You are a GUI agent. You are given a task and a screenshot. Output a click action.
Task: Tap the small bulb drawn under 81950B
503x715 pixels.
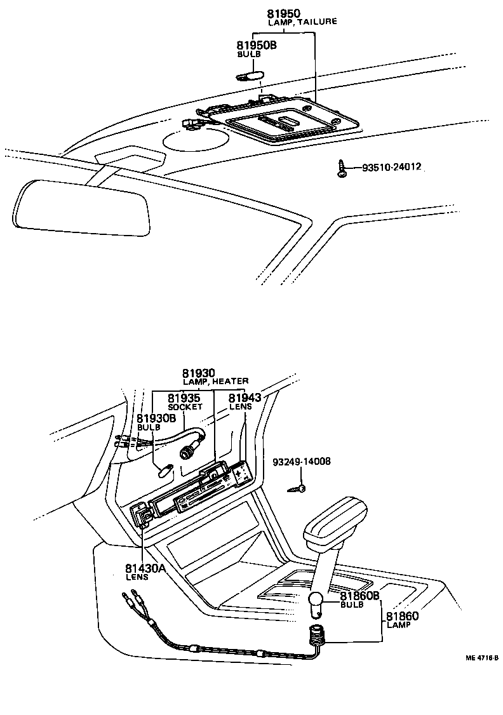tap(249, 77)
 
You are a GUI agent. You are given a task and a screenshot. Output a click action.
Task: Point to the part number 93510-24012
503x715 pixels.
tap(392, 168)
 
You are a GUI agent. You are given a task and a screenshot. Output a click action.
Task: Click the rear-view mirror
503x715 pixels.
tap(81, 207)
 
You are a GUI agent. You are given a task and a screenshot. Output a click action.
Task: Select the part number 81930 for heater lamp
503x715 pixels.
tap(199, 373)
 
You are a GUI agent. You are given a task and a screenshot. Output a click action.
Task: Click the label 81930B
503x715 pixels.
tap(156, 418)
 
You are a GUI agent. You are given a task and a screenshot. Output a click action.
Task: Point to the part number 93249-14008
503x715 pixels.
tap(302, 462)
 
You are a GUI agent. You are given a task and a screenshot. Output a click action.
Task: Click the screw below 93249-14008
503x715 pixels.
tap(300, 488)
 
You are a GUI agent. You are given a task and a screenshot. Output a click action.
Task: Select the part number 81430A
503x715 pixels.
tap(145, 568)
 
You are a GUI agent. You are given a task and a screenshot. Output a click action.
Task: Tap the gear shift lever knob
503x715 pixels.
tap(334, 519)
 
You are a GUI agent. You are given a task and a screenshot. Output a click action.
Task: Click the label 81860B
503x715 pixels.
tap(359, 596)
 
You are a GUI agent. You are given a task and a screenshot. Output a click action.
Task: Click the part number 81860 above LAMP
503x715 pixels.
tap(401, 615)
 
